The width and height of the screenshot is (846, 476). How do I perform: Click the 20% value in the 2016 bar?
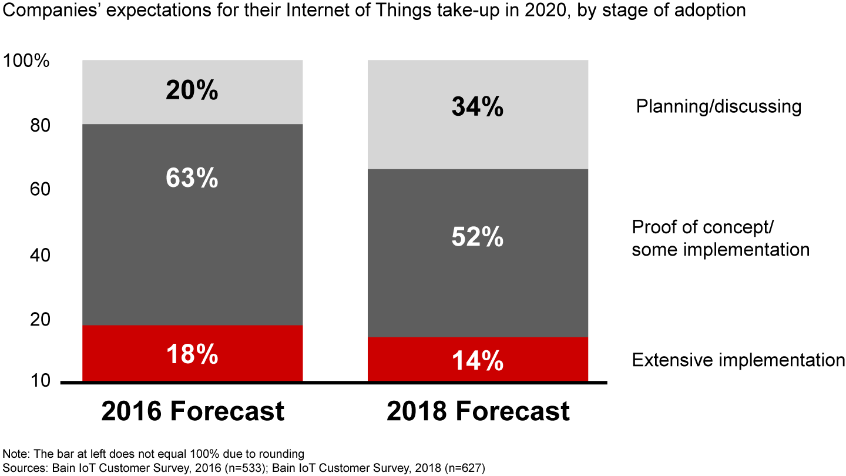192,91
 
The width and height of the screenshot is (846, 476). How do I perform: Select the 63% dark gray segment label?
192,178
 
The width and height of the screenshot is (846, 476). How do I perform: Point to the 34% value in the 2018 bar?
477,107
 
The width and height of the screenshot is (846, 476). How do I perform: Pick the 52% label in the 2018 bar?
477,237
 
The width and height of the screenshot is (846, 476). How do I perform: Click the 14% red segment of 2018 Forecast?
477,360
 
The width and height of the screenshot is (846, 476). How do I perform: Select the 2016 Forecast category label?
193,411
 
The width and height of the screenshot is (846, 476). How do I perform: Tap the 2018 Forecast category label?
478,411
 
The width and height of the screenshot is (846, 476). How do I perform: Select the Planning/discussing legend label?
719,106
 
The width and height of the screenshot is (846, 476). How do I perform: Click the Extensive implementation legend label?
738,360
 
